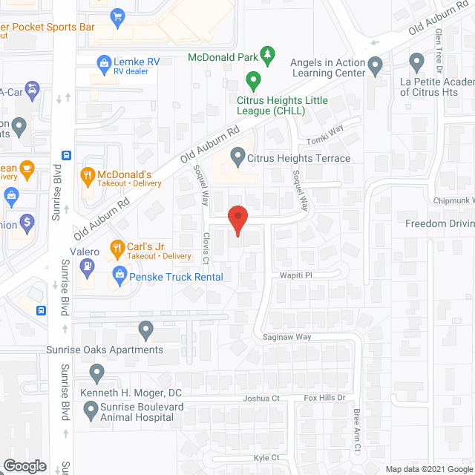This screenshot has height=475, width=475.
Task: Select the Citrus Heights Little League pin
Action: pyautogui.click(x=253, y=79)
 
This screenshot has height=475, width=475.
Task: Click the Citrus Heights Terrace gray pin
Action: pyautogui.click(x=237, y=157)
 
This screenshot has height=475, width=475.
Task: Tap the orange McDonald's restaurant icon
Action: pyautogui.click(x=88, y=175)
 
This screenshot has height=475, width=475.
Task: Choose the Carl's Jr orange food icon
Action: pyautogui.click(x=117, y=247)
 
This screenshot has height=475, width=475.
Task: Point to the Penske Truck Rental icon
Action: pyautogui.click(x=119, y=277)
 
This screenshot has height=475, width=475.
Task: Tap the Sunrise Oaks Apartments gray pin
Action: pyautogui.click(x=145, y=328)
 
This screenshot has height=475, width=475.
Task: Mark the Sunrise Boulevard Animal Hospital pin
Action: pyautogui.click(x=91, y=408)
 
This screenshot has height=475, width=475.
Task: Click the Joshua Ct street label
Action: pyautogui.click(x=261, y=399)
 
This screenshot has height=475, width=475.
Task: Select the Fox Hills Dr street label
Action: pyautogui.click(x=325, y=399)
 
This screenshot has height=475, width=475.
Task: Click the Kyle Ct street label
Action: pyautogui.click(x=266, y=459)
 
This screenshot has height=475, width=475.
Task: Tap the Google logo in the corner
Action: pyautogui.click(x=24, y=465)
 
